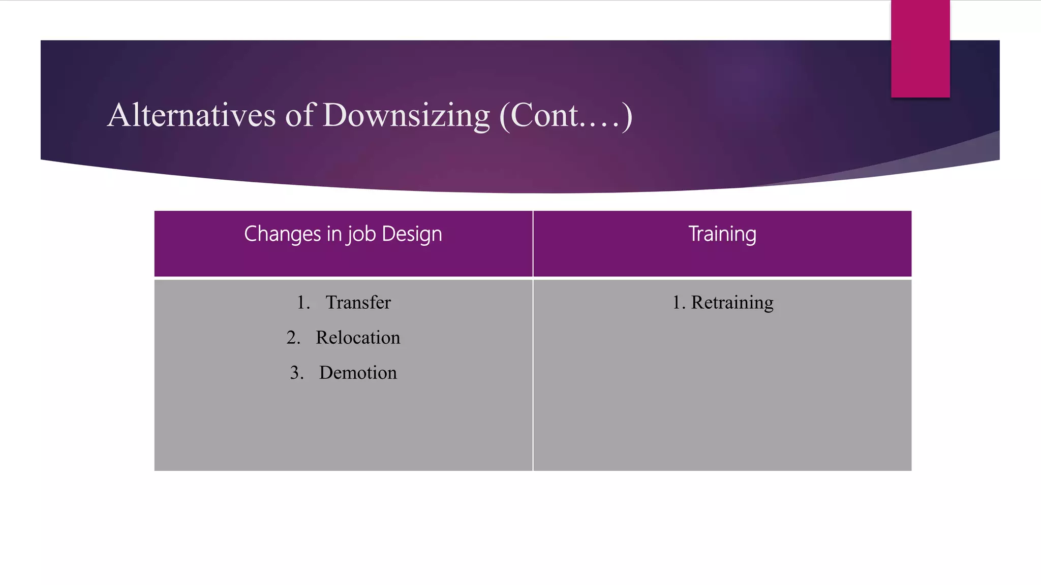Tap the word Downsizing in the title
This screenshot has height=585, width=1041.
click(406, 116)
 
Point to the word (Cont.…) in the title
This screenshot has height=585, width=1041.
click(566, 116)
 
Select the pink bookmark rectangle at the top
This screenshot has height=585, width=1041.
click(920, 49)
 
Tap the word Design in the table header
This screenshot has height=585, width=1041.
click(412, 234)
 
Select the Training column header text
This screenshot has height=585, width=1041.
click(722, 234)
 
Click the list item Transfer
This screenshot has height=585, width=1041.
click(358, 303)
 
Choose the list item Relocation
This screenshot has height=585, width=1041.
click(358, 338)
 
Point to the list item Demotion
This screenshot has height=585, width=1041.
click(358, 373)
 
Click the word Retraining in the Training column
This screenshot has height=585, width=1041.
click(732, 303)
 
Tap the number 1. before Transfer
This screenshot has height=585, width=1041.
click(303, 303)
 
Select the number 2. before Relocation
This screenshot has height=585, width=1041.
click(293, 338)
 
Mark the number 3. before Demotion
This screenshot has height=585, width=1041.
click(297, 373)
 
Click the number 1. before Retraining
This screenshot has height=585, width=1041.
click(679, 303)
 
